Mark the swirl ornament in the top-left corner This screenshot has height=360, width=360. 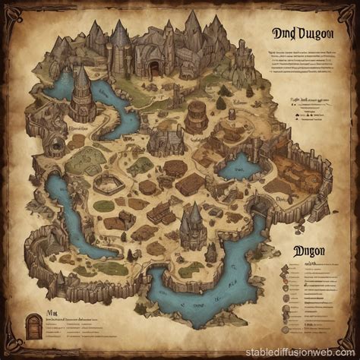point(17,17)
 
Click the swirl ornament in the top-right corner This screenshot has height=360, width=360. point(343,17)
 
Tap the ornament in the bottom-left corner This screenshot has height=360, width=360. point(17,343)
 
